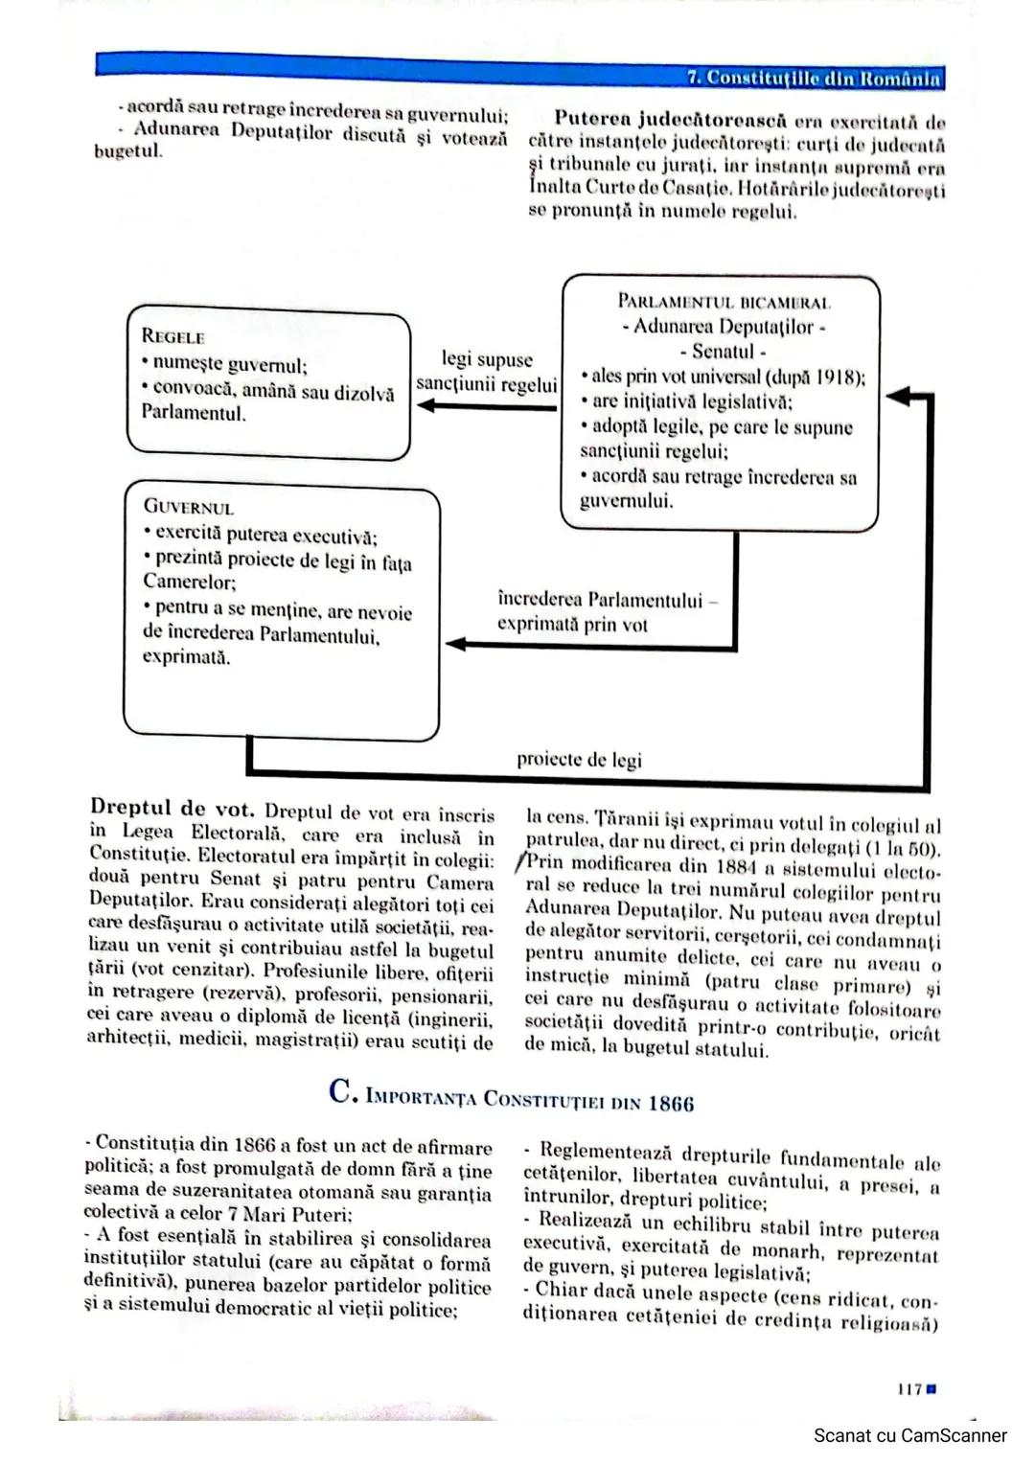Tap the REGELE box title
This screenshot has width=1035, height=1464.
(172, 336)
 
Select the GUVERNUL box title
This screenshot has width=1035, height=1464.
(188, 508)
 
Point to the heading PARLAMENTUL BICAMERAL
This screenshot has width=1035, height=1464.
(724, 302)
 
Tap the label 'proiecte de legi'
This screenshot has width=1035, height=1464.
(579, 760)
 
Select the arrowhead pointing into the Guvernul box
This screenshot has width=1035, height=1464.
(456, 644)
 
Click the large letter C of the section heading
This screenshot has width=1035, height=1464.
(342, 1091)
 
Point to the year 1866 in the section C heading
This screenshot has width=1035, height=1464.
(670, 1104)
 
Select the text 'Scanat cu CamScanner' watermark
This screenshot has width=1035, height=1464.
(909, 1435)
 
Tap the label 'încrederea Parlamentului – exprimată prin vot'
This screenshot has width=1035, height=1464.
(607, 612)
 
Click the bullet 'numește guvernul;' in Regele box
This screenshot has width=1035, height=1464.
(228, 365)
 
